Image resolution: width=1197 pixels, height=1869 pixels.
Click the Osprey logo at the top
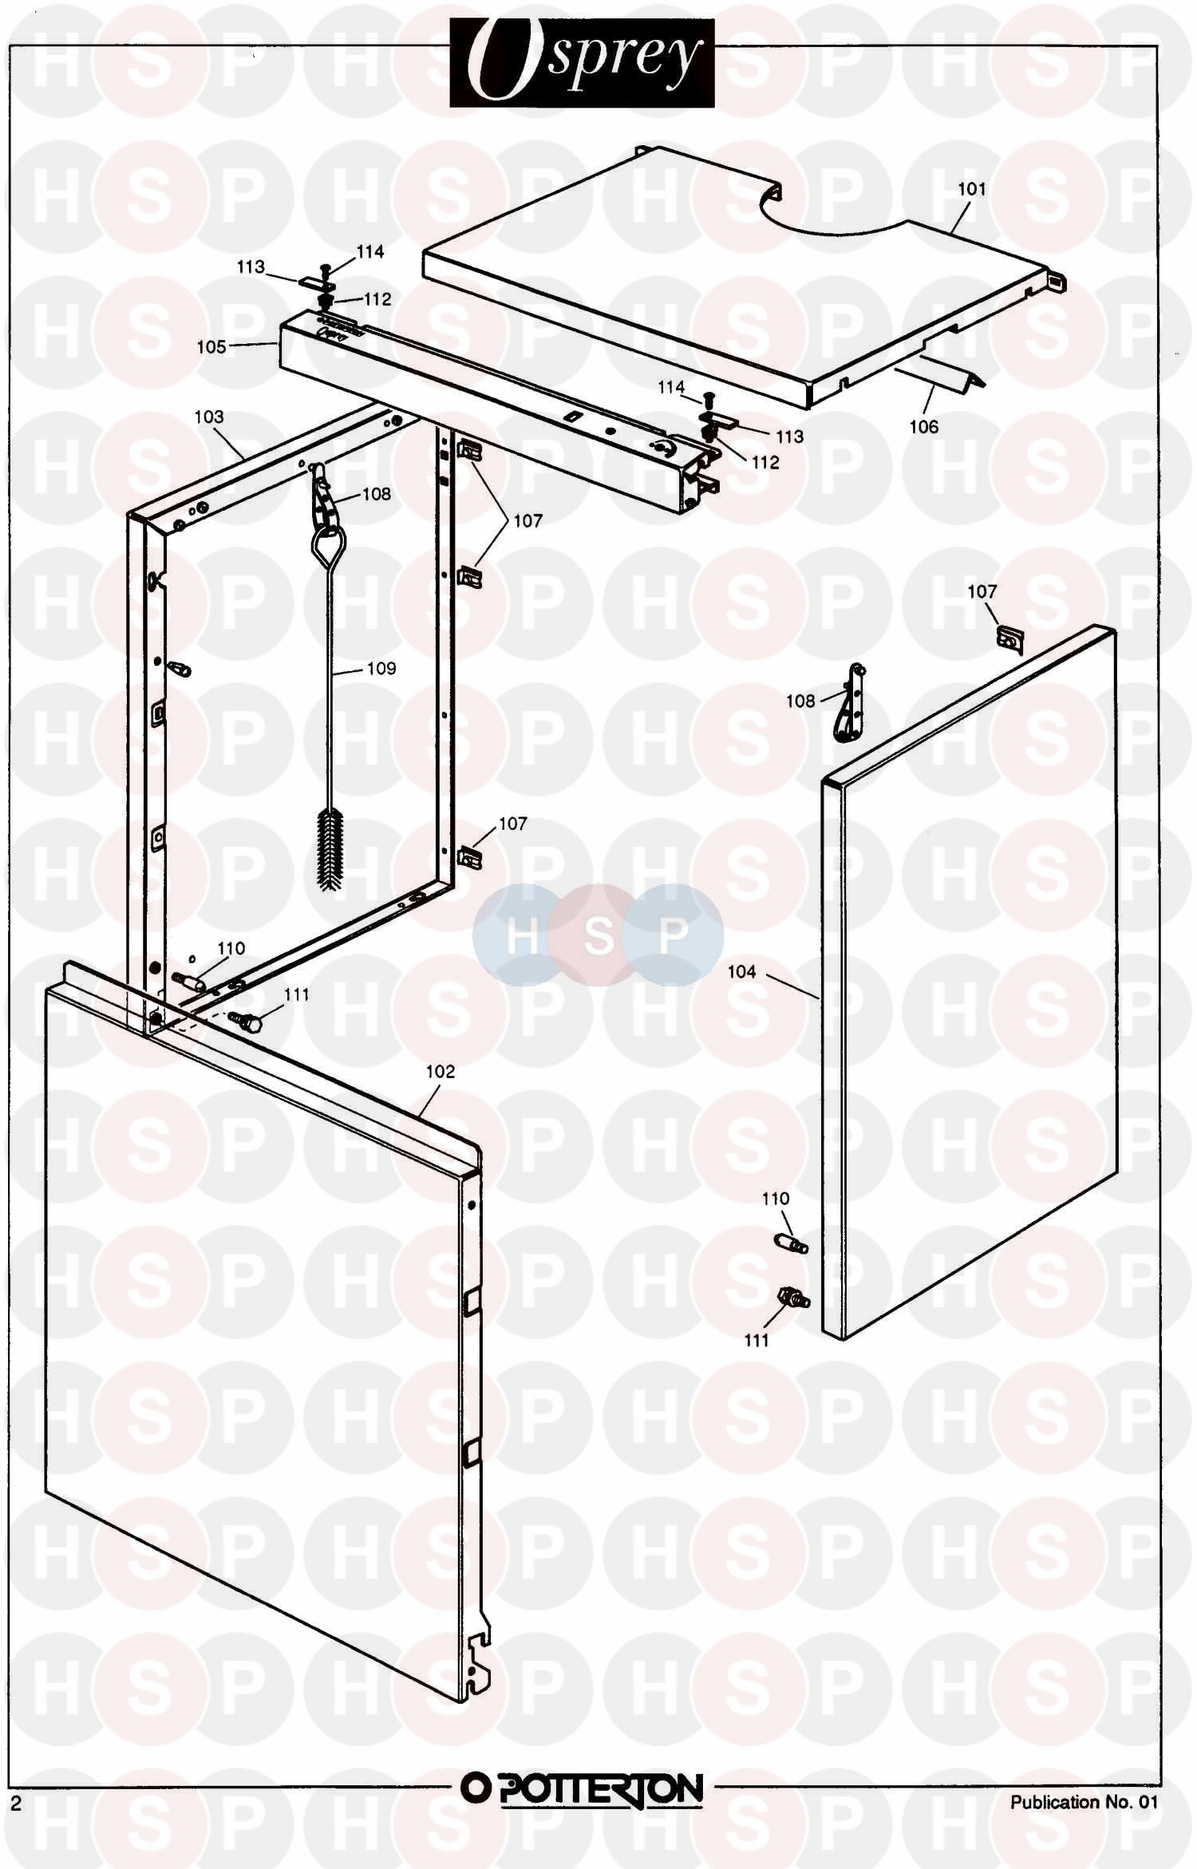tap(582, 63)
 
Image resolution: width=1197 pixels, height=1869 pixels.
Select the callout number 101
tap(971, 189)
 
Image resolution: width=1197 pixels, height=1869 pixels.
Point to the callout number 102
tap(440, 1071)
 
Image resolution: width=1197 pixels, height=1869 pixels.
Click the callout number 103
tap(209, 417)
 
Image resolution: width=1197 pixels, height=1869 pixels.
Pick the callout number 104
tap(741, 971)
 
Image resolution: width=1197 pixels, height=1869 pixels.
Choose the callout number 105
tap(211, 347)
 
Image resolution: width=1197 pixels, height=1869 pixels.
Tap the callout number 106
tap(924, 427)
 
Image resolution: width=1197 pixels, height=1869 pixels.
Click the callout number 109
tap(381, 668)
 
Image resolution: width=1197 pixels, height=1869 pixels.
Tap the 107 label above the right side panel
tap(982, 591)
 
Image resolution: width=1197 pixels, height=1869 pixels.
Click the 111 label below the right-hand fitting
tap(757, 1340)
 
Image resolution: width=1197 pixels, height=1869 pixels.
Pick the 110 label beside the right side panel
tap(776, 1198)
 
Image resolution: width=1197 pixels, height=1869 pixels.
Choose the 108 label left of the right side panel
tap(800, 701)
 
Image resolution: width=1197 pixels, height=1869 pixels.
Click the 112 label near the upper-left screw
tap(377, 298)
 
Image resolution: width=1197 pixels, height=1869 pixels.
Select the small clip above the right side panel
tap(1010, 639)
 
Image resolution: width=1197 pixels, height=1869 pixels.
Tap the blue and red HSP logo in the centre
tap(598, 935)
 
